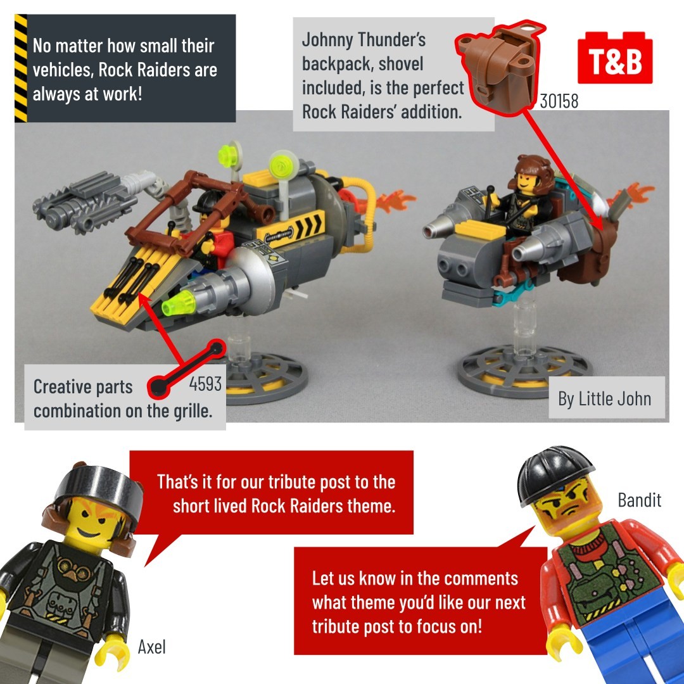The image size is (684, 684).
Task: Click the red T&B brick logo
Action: (614, 58)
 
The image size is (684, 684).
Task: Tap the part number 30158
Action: (559, 101)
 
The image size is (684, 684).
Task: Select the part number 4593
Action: (205, 384)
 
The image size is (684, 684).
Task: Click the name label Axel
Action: (152, 647)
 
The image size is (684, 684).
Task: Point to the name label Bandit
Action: (640, 500)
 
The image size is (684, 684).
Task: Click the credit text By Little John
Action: (605, 399)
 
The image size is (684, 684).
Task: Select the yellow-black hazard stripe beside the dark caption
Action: (21, 68)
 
